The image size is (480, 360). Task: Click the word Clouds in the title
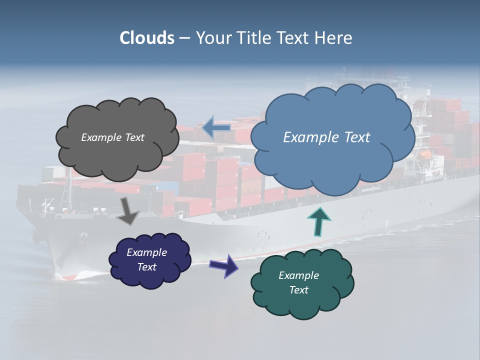point(146,38)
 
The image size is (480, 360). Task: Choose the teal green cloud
point(302,302)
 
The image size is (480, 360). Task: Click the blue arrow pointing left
point(215,128)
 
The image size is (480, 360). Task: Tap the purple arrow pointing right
point(224,265)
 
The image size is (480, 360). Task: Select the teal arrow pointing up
point(318,221)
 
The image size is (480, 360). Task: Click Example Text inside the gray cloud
point(112,137)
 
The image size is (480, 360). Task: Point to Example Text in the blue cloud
point(326,137)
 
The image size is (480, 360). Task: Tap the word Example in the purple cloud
point(146,252)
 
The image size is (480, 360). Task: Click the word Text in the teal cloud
point(298,290)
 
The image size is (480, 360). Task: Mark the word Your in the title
point(212,38)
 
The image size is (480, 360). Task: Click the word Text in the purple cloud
point(146,267)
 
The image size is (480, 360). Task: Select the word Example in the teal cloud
point(298,275)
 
